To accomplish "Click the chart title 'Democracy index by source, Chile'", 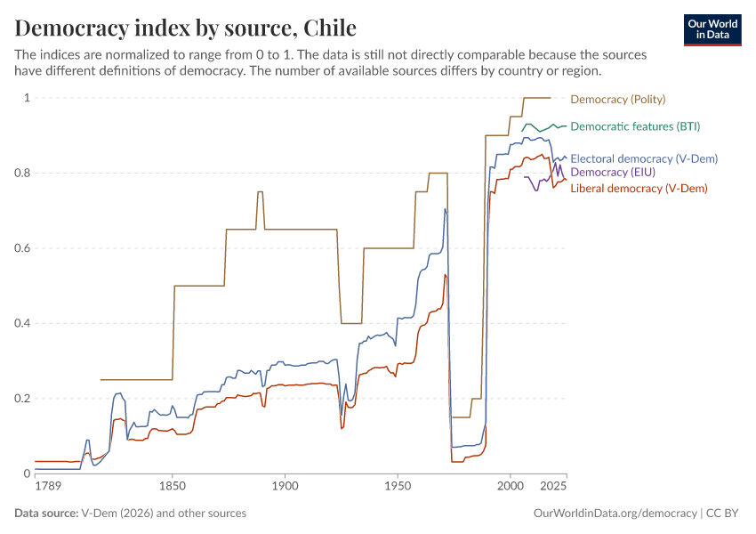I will [x=186, y=27].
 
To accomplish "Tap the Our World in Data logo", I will [x=712, y=29].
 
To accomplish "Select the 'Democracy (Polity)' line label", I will [x=617, y=99].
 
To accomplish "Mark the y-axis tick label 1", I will [x=27, y=98].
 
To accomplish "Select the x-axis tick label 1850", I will [x=173, y=486].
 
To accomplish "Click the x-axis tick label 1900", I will [x=285, y=486].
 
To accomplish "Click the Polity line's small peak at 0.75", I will [x=261, y=191].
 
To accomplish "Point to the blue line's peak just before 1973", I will [x=445, y=209].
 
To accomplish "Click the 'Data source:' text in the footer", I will [x=46, y=514].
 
